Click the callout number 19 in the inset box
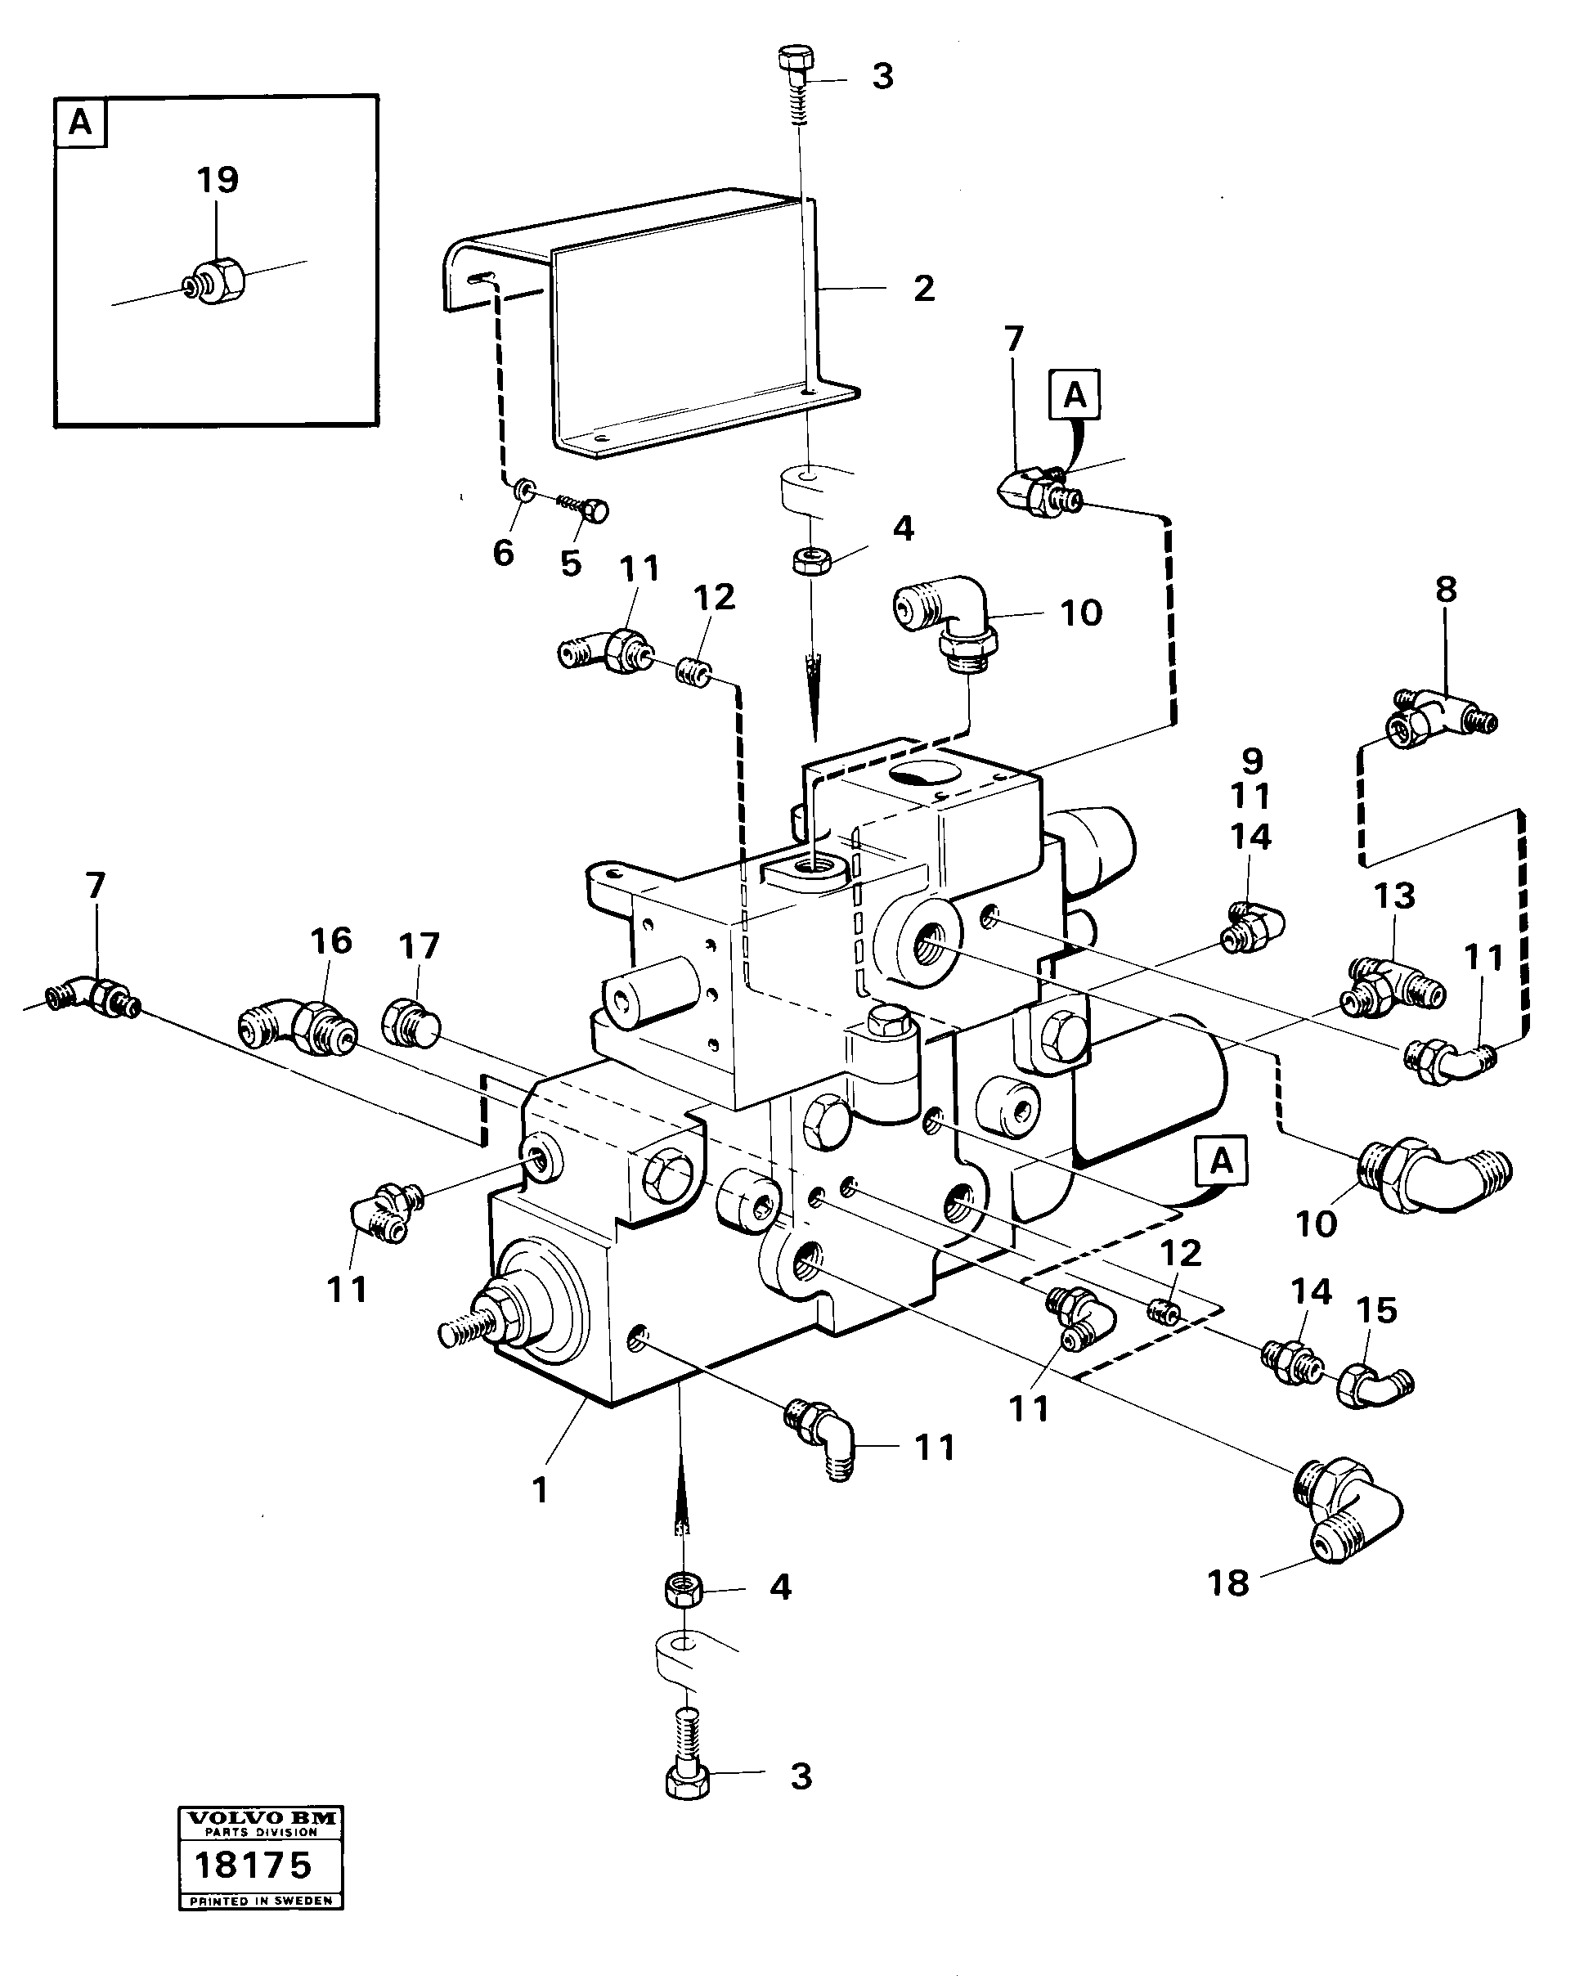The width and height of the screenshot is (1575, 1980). tap(218, 179)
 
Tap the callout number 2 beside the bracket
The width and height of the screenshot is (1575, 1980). tap(924, 289)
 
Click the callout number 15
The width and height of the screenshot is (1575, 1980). tap(1376, 1310)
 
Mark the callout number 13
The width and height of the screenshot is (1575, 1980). tap(1394, 896)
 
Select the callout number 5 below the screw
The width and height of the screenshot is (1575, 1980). tap(570, 563)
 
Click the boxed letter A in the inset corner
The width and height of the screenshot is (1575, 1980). tap(81, 122)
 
